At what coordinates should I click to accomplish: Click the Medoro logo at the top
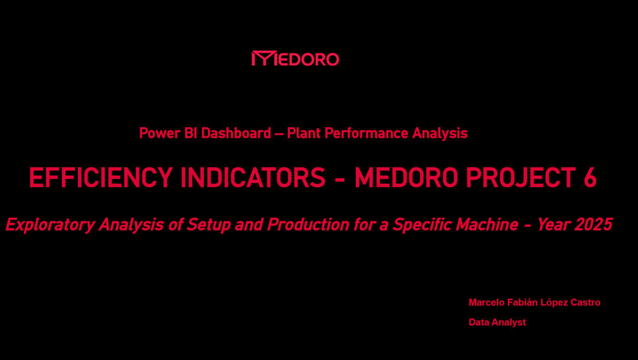point(295,59)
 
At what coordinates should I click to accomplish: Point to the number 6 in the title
point(590,177)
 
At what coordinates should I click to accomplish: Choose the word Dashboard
point(236,133)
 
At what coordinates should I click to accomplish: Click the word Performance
point(366,133)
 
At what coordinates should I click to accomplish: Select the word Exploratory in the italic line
point(50,225)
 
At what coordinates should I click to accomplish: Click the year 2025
point(595,224)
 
